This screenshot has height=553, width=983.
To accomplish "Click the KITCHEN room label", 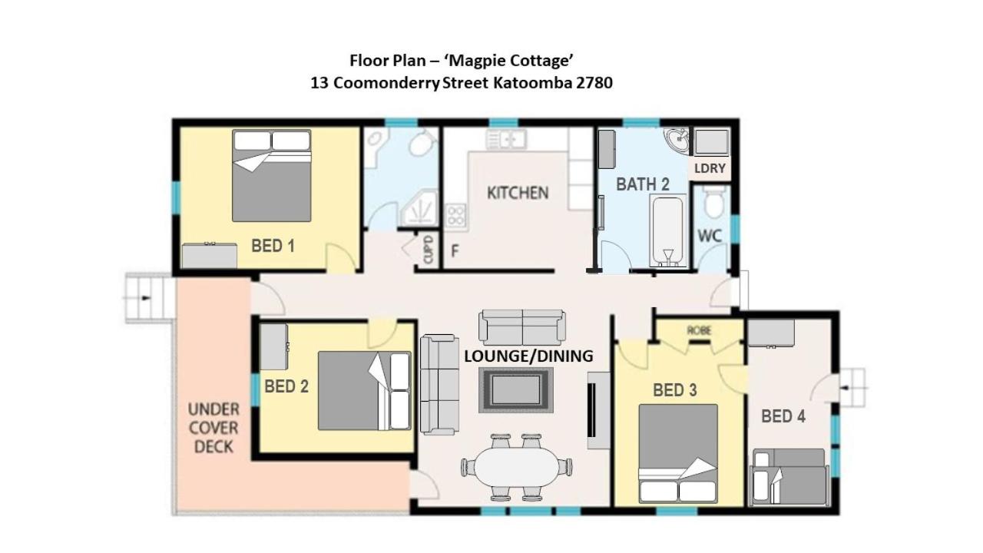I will (x=518, y=192).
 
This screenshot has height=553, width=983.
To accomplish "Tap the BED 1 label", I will (x=273, y=246).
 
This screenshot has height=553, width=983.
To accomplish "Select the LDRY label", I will (x=710, y=168).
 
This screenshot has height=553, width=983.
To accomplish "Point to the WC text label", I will (x=710, y=236).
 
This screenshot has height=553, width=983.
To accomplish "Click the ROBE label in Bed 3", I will (x=698, y=330).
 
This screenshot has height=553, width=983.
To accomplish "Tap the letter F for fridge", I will (x=455, y=251).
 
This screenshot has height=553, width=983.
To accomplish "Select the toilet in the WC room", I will (x=714, y=204).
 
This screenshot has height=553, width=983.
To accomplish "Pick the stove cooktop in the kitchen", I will (x=456, y=214).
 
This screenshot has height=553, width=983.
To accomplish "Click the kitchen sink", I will (x=505, y=139).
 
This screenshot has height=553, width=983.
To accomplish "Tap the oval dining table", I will (x=516, y=466).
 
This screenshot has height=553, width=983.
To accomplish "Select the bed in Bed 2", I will (x=364, y=390).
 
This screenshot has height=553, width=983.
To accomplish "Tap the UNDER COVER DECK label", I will (x=213, y=427).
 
